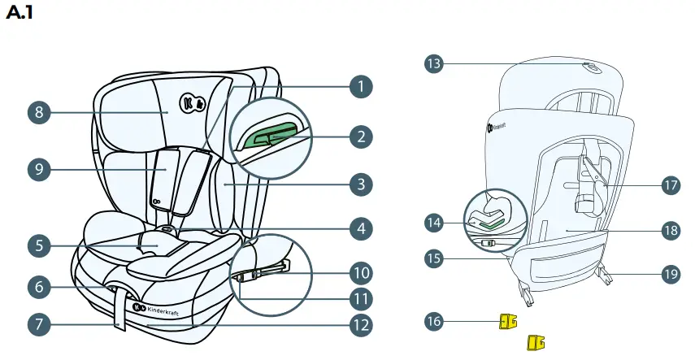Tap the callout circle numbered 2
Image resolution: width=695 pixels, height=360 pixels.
pyautogui.click(x=361, y=136)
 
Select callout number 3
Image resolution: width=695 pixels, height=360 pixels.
pyautogui.click(x=361, y=184)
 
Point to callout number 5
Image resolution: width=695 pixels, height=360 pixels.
pyautogui.click(x=39, y=243)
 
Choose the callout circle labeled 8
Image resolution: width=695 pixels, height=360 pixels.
pyautogui.click(x=39, y=112)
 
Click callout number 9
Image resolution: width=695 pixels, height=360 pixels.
pyautogui.click(x=39, y=171)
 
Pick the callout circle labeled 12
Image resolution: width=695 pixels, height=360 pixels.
pyautogui.click(x=361, y=325)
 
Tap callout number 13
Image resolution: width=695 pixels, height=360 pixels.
pyautogui.click(x=437, y=63)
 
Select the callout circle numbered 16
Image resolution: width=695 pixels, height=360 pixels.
pyautogui.click(x=437, y=321)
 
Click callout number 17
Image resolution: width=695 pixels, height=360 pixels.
pyautogui.click(x=670, y=185)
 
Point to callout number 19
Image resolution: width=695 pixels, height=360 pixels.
pyautogui.click(x=670, y=275)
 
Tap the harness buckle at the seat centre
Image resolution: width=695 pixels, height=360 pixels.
pyautogui.click(x=167, y=232)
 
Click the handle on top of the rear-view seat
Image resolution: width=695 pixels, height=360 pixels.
pyautogui.click(x=591, y=69)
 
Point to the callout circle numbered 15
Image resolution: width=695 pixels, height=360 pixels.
pyautogui.click(x=437, y=259)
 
